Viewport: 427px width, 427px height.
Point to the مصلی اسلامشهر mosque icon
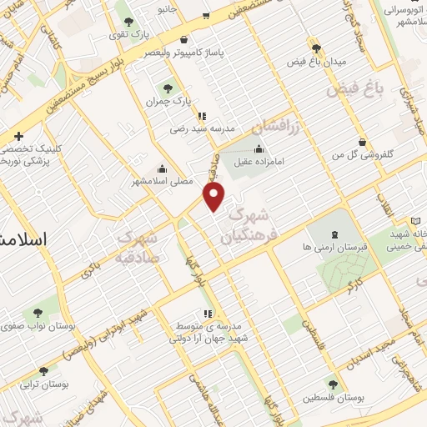158,167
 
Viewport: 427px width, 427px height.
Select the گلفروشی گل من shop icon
361,143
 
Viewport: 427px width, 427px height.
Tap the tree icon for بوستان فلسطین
334,384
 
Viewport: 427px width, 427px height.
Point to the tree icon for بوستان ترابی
43,371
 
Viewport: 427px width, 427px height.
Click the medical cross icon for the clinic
18,135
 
